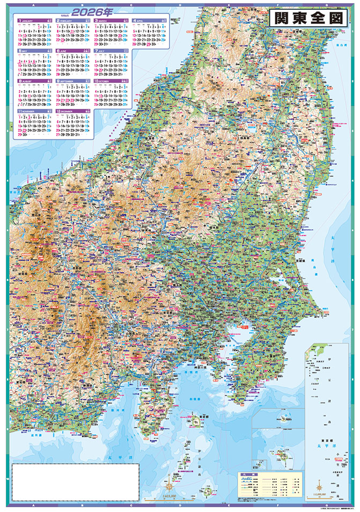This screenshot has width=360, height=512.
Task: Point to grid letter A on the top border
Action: (21, 5)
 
